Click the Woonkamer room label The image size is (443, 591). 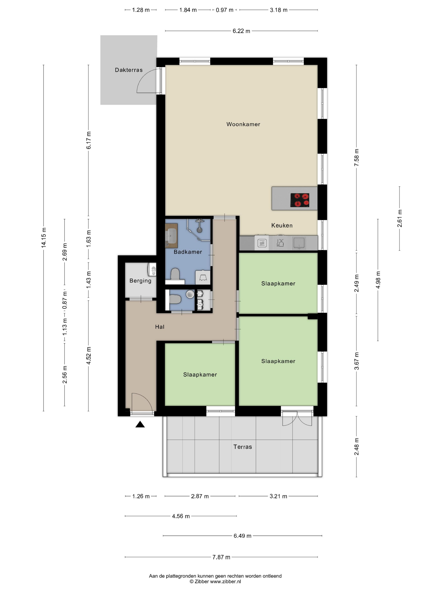(243, 124)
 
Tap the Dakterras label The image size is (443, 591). (129, 70)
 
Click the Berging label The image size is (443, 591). (140, 281)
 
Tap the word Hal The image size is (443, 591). (160, 327)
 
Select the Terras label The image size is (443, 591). (242, 447)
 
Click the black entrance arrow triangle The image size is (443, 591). (140, 424)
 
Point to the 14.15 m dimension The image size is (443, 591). (43, 237)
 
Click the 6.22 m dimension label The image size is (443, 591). (241, 31)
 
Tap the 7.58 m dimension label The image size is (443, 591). (357, 158)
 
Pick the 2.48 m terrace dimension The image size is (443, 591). (357, 446)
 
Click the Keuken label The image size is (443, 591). (282, 225)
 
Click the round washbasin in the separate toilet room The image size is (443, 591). (190, 294)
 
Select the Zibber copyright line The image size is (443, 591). (215, 581)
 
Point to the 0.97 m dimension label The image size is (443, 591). (225, 10)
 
